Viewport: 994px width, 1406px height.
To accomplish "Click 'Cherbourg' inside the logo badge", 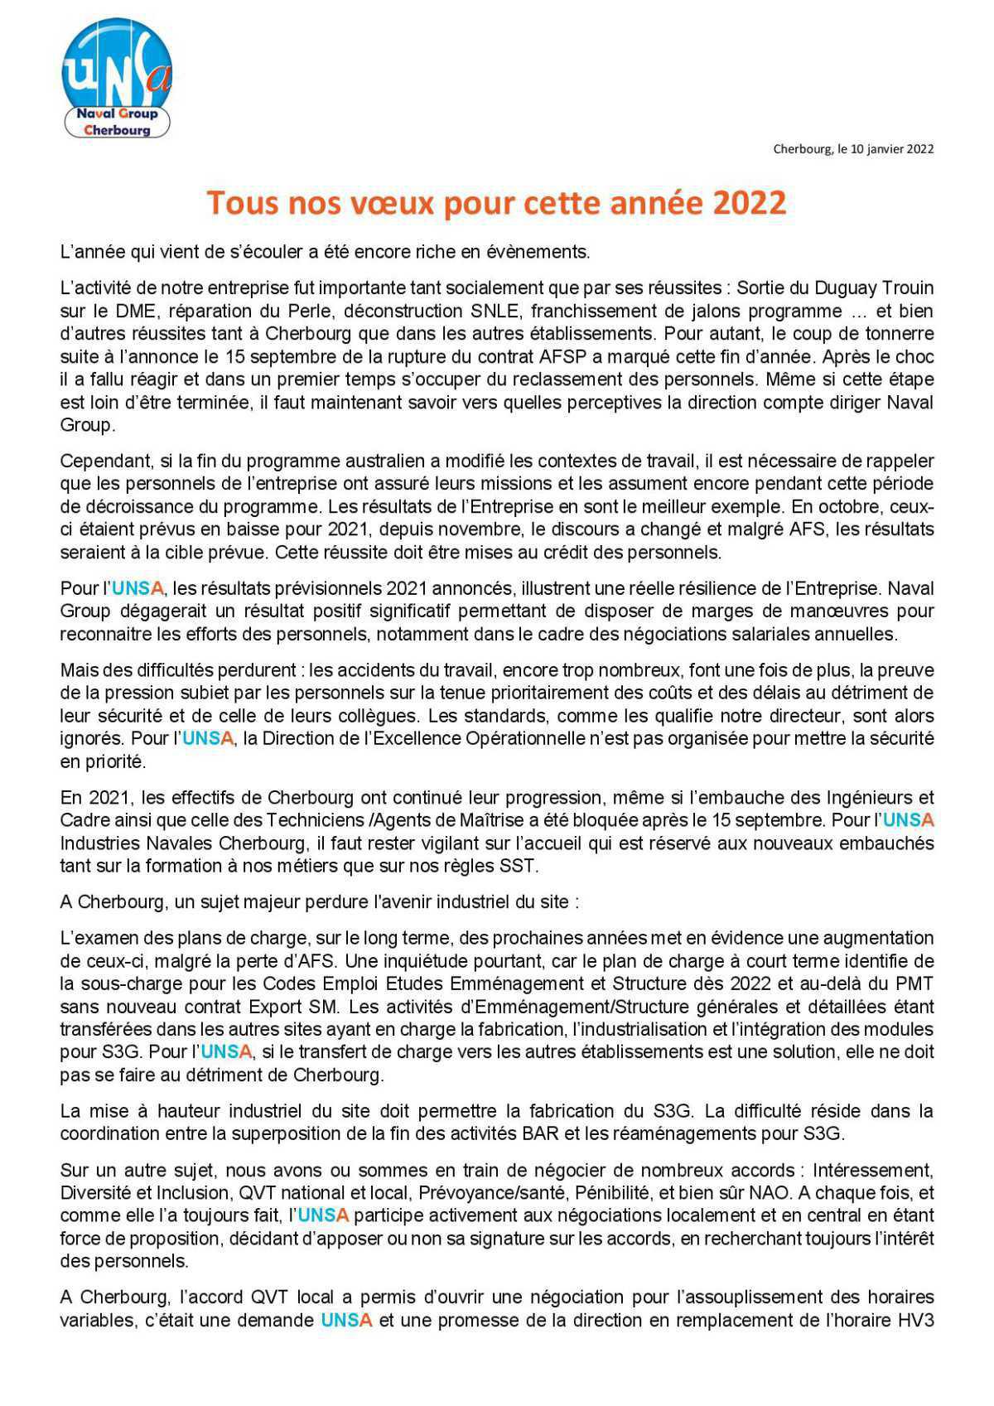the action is coord(117,130).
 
